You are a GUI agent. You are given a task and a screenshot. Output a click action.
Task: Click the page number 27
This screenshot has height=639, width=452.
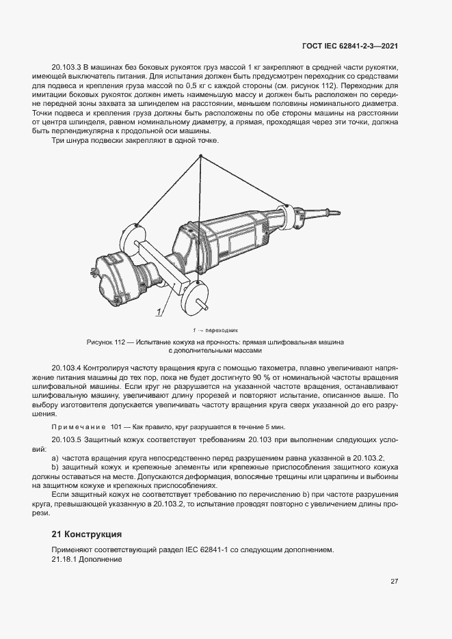click(395, 582)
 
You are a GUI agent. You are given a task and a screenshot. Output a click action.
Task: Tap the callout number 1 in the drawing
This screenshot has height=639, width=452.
click(159, 312)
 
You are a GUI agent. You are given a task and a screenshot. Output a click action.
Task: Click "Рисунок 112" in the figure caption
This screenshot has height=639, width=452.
click(107, 341)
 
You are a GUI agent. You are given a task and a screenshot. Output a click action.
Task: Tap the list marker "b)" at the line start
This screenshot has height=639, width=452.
click(55, 467)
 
